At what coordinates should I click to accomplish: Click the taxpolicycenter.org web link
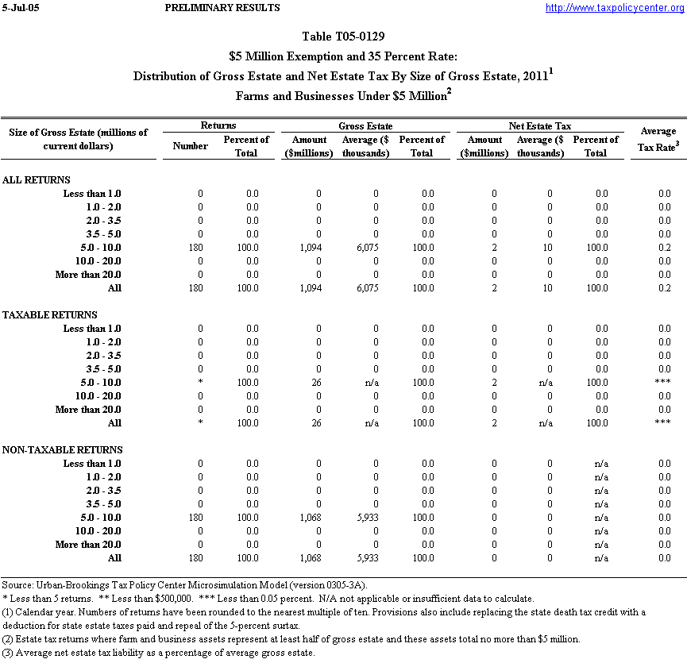tap(615, 8)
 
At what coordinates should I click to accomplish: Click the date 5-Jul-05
tap(19, 8)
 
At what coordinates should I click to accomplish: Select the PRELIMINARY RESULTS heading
tap(222, 8)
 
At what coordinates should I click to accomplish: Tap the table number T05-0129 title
tap(344, 37)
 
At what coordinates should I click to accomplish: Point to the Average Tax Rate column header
tap(658, 138)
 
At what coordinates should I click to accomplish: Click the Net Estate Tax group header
tap(539, 126)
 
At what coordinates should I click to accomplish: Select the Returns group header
tap(218, 126)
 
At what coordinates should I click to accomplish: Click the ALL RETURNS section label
tap(37, 180)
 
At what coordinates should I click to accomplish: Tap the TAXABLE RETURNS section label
tap(50, 315)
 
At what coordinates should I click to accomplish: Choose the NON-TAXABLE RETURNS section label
tap(61, 450)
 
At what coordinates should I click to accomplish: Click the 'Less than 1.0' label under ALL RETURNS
tap(92, 194)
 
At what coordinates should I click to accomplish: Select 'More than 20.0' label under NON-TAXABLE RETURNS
tap(88, 545)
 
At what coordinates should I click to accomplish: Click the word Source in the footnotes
tap(17, 585)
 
